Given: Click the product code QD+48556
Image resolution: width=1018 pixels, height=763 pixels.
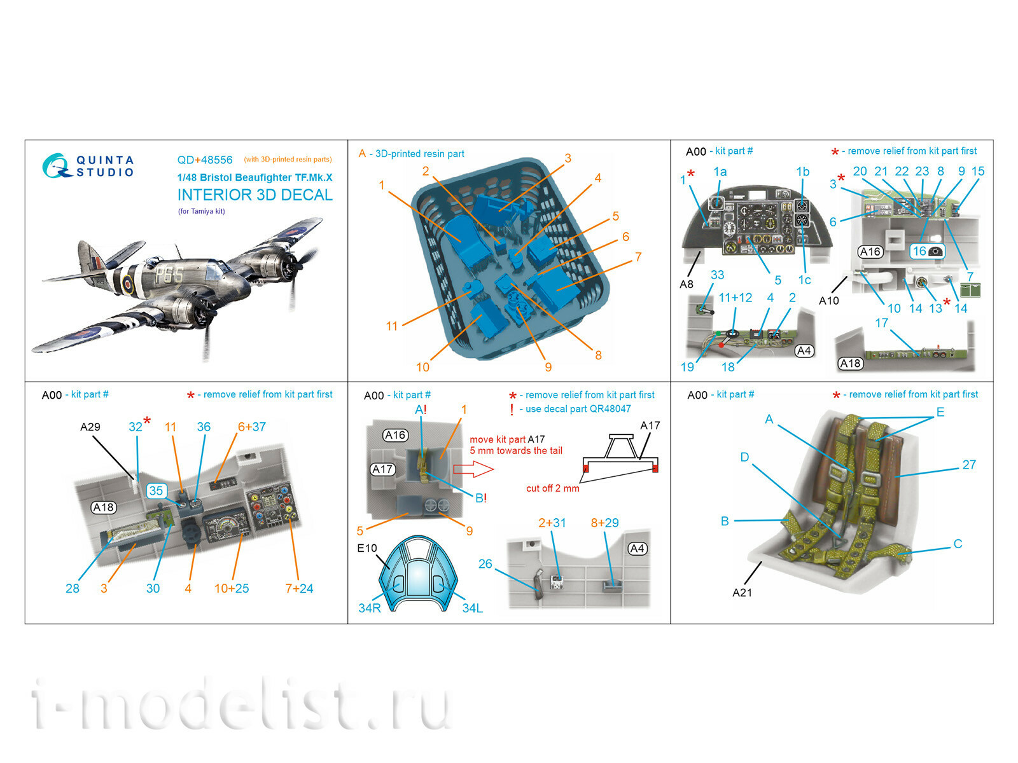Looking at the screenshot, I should pyautogui.click(x=205, y=160).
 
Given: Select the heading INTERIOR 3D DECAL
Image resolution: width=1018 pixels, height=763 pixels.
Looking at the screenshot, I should pyautogui.click(x=254, y=195).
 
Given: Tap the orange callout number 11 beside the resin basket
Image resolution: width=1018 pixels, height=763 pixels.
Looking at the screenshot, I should pyautogui.click(x=391, y=326).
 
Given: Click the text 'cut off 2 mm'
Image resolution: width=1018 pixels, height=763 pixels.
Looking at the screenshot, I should pyautogui.click(x=552, y=488).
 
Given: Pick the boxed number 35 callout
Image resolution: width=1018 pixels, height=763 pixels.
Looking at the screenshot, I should pyautogui.click(x=156, y=491).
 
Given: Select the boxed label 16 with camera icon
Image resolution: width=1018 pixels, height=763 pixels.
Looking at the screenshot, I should pyautogui.click(x=927, y=251).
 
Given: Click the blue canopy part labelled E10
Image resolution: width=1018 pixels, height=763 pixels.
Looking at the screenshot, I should pyautogui.click(x=417, y=572).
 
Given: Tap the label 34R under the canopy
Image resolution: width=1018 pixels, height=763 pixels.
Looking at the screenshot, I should pyautogui.click(x=370, y=608).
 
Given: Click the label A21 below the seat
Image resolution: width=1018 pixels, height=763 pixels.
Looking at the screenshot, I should pyautogui.click(x=742, y=593).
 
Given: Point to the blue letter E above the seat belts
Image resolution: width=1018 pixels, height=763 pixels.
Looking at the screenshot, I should pyautogui.click(x=940, y=412).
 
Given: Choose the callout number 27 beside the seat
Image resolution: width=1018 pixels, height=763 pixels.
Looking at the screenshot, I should pyautogui.click(x=969, y=465).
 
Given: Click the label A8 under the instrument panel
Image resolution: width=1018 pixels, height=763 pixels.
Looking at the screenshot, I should pyautogui.click(x=687, y=284).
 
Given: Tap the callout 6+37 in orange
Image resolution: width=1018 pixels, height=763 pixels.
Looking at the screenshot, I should pyautogui.click(x=252, y=427).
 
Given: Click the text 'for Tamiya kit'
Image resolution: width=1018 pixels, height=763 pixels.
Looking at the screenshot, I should pyautogui.click(x=202, y=211).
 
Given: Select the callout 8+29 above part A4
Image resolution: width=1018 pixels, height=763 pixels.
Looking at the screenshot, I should pyautogui.click(x=604, y=523).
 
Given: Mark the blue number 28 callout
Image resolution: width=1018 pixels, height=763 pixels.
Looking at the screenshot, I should pyautogui.click(x=73, y=589).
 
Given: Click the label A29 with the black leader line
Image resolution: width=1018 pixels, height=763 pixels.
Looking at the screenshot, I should pyautogui.click(x=90, y=427).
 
